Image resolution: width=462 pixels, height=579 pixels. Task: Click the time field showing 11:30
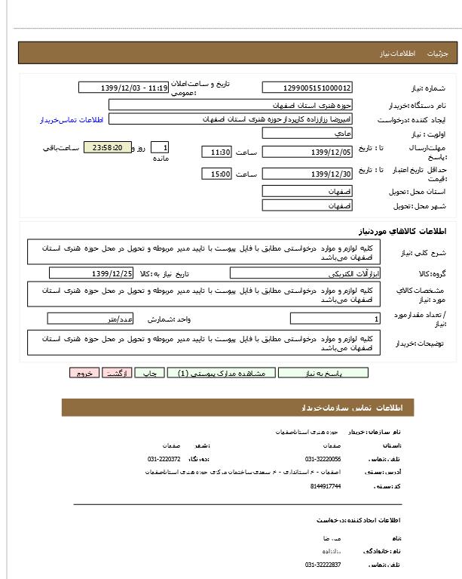point(217,152)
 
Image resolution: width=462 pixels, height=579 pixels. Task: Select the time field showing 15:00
point(217,174)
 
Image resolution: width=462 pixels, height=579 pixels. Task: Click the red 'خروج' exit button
point(84,373)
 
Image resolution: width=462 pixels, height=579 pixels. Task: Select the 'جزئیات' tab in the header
point(437,54)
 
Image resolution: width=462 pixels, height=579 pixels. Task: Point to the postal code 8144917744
point(325,486)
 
